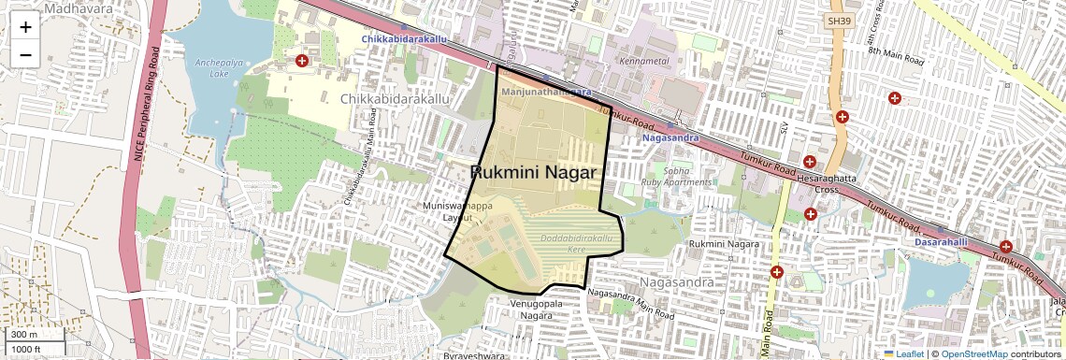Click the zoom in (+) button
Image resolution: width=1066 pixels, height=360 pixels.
(25, 27)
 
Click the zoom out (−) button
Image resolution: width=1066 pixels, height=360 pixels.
(25, 54)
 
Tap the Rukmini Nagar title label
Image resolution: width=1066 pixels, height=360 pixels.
(534, 172)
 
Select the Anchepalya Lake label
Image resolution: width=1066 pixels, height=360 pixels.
(210, 67)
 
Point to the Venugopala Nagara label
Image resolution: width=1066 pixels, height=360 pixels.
(539, 310)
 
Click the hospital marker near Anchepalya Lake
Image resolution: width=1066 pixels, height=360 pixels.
(302, 61)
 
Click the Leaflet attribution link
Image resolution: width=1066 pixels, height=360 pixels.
(904, 353)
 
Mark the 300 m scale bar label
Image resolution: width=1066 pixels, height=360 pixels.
(26, 335)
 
